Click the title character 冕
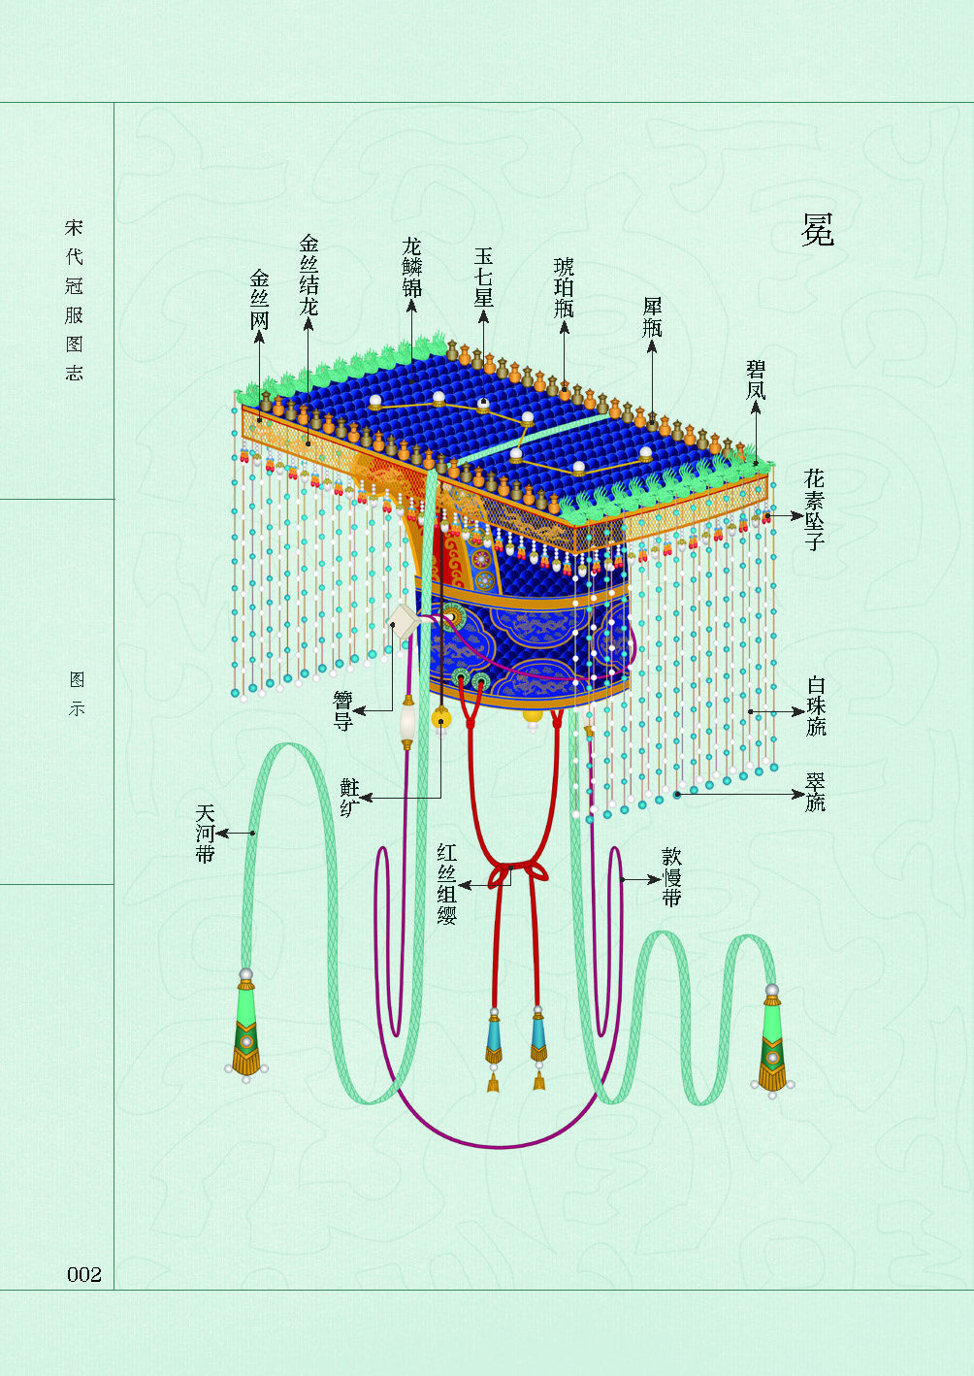click(x=817, y=230)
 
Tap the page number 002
click(x=84, y=1274)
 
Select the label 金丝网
click(x=259, y=300)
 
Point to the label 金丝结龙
click(x=308, y=275)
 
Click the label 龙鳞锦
click(x=412, y=267)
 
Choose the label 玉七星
click(x=483, y=277)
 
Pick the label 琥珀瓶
click(x=564, y=287)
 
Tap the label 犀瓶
click(x=652, y=317)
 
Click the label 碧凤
click(x=756, y=379)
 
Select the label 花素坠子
click(x=815, y=509)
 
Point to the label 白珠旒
click(x=816, y=705)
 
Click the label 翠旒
click(x=816, y=792)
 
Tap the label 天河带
click(x=205, y=833)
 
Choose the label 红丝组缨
click(x=446, y=884)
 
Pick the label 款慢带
click(x=671, y=877)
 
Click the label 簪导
click(x=342, y=711)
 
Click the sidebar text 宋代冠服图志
click(x=75, y=300)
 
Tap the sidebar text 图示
click(x=76, y=694)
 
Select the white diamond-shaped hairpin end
click(x=403, y=621)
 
